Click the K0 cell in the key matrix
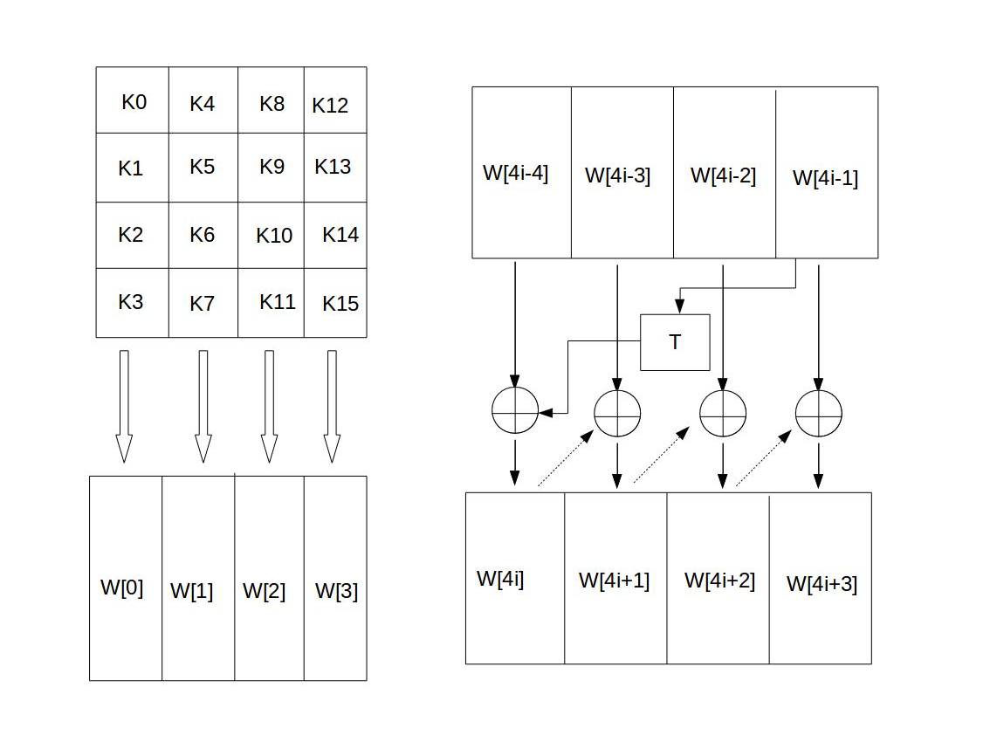tap(133, 100)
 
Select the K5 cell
tap(203, 168)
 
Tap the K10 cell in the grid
tap(271, 236)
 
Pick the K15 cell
tap(335, 303)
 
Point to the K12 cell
tap(335, 100)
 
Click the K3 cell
tap(133, 303)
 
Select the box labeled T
tap(675, 342)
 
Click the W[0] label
tap(122, 587)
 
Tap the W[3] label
tap(336, 591)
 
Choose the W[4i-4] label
tap(515, 173)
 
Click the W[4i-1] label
tap(825, 178)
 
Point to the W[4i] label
tap(501, 579)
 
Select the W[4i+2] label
tap(719, 581)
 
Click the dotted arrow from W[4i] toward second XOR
tap(566, 457)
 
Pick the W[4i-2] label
tap(723, 175)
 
